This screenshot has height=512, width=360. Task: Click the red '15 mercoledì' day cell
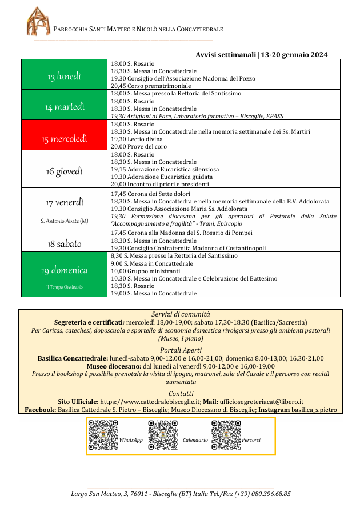[x=64, y=138]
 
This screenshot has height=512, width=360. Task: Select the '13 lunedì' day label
[x=64, y=77]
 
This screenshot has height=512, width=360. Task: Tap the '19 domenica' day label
[x=64, y=270]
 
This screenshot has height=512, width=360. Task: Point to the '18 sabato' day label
[x=64, y=243]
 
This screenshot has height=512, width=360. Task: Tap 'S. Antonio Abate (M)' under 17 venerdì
[x=64, y=221]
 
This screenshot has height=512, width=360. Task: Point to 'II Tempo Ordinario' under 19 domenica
[x=64, y=286]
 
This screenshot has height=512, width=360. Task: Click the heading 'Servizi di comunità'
[x=181, y=314]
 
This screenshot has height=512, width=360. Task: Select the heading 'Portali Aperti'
[x=181, y=350]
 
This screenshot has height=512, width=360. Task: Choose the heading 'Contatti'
[x=181, y=393]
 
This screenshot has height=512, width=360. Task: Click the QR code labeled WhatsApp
[x=103, y=435]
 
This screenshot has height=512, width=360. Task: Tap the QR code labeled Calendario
[x=163, y=435]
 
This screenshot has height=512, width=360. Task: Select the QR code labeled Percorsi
[x=226, y=435]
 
